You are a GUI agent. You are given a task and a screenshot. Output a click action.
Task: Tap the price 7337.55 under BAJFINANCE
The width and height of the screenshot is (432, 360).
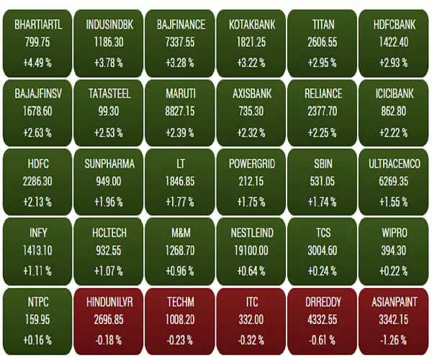181,42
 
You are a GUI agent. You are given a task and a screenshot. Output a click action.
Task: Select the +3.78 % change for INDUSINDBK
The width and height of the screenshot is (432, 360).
109,63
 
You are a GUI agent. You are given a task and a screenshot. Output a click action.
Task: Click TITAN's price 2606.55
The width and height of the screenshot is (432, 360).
323,42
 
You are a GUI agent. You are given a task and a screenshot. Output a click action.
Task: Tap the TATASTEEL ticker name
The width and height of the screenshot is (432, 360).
109,94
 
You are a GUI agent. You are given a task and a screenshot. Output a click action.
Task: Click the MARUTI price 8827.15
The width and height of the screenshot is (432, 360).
181,112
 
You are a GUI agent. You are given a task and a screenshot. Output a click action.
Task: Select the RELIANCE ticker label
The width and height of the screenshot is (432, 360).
323,94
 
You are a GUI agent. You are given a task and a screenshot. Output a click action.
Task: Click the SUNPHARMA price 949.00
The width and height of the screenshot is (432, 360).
109,181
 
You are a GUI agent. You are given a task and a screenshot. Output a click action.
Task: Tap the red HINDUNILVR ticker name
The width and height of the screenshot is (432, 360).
109,302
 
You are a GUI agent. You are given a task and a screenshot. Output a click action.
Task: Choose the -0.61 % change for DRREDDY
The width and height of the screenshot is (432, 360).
323,339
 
